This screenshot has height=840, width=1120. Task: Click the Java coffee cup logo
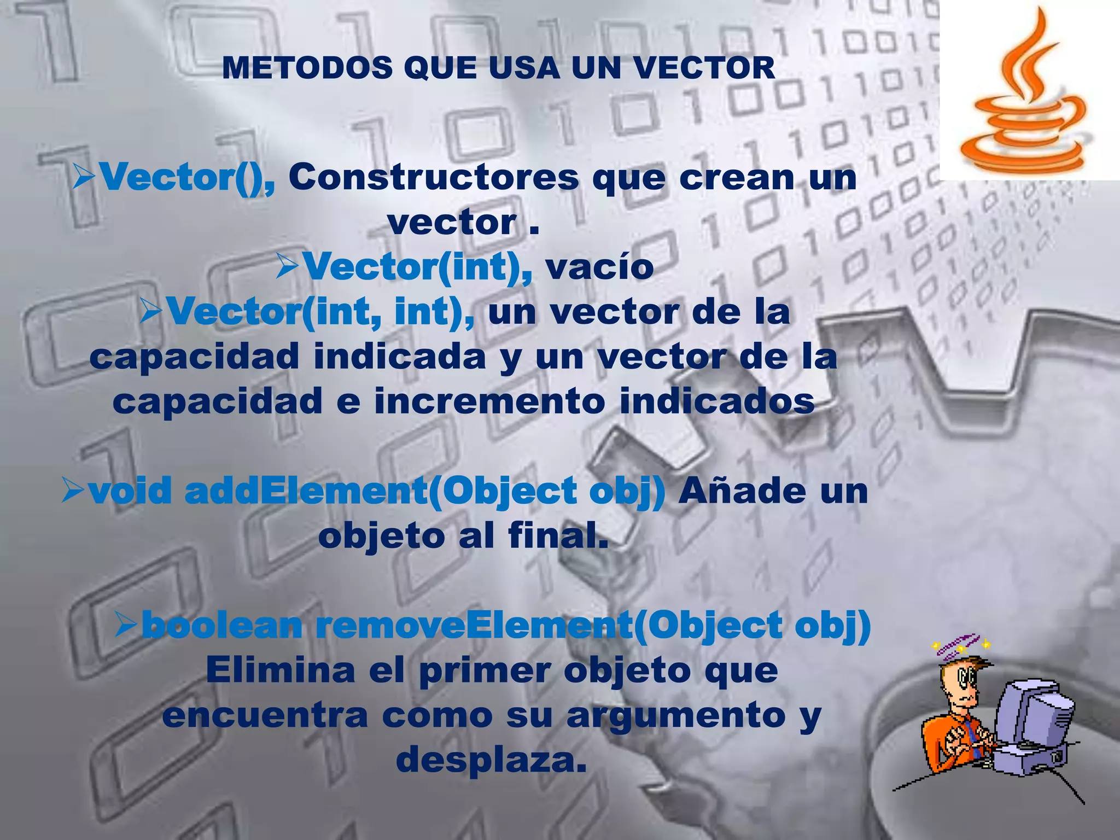(x=1022, y=93)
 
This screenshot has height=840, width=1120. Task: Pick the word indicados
(x=717, y=401)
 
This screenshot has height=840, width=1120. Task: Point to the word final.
(x=558, y=535)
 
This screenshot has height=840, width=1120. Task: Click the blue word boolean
(x=221, y=625)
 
